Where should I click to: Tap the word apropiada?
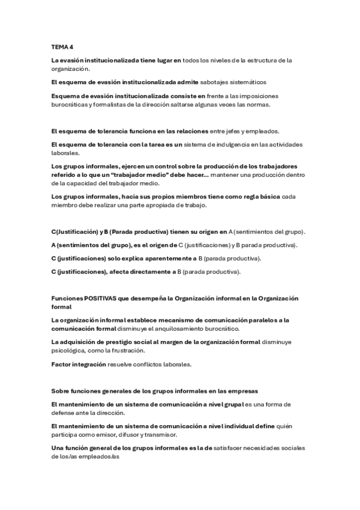pyautogui.click(x=166, y=204)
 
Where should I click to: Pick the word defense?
pyautogui.click(x=65, y=413)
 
